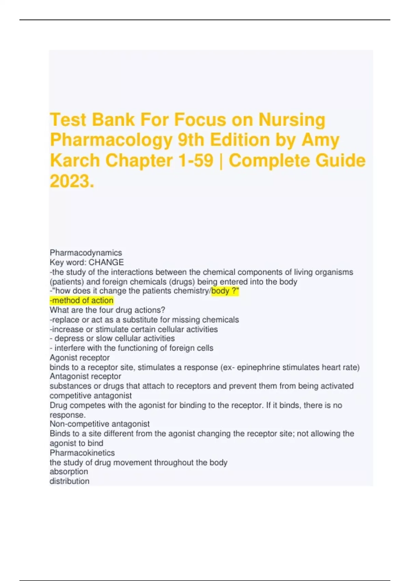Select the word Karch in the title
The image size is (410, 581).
[x=75, y=161]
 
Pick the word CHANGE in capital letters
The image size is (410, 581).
[x=106, y=262]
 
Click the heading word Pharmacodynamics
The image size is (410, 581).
[x=86, y=253]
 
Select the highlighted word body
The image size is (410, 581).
[x=220, y=291]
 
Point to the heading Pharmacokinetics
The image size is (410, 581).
[x=82, y=453]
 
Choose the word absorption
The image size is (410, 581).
[x=69, y=472]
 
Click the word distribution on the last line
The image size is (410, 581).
[x=69, y=481]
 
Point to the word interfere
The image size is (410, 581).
[x=70, y=348]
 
